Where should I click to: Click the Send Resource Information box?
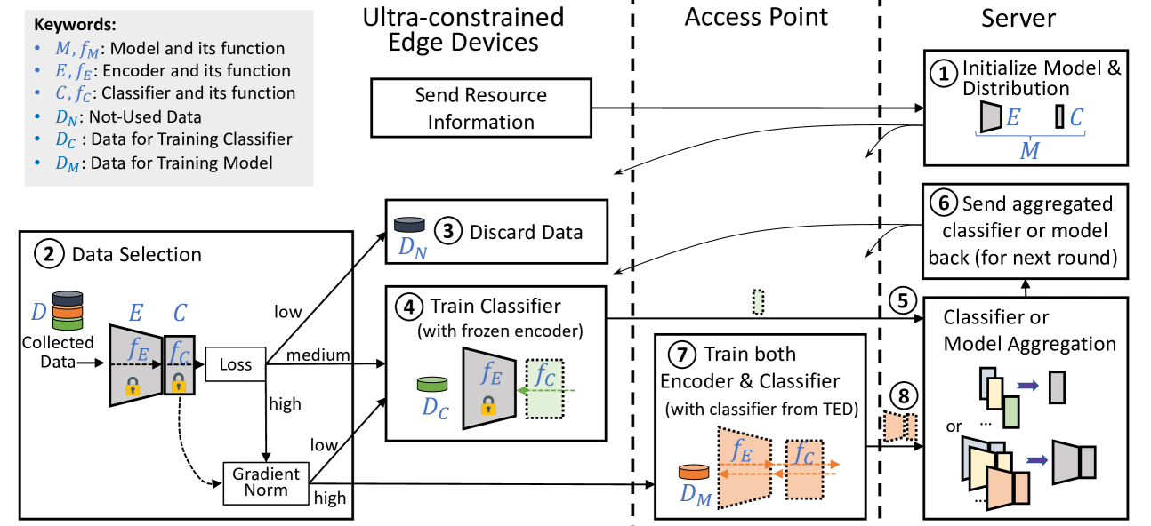click(481, 108)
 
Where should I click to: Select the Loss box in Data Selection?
click(235, 364)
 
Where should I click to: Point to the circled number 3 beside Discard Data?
click(450, 233)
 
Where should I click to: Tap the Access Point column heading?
click(756, 17)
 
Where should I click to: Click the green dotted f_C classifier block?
click(550, 389)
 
